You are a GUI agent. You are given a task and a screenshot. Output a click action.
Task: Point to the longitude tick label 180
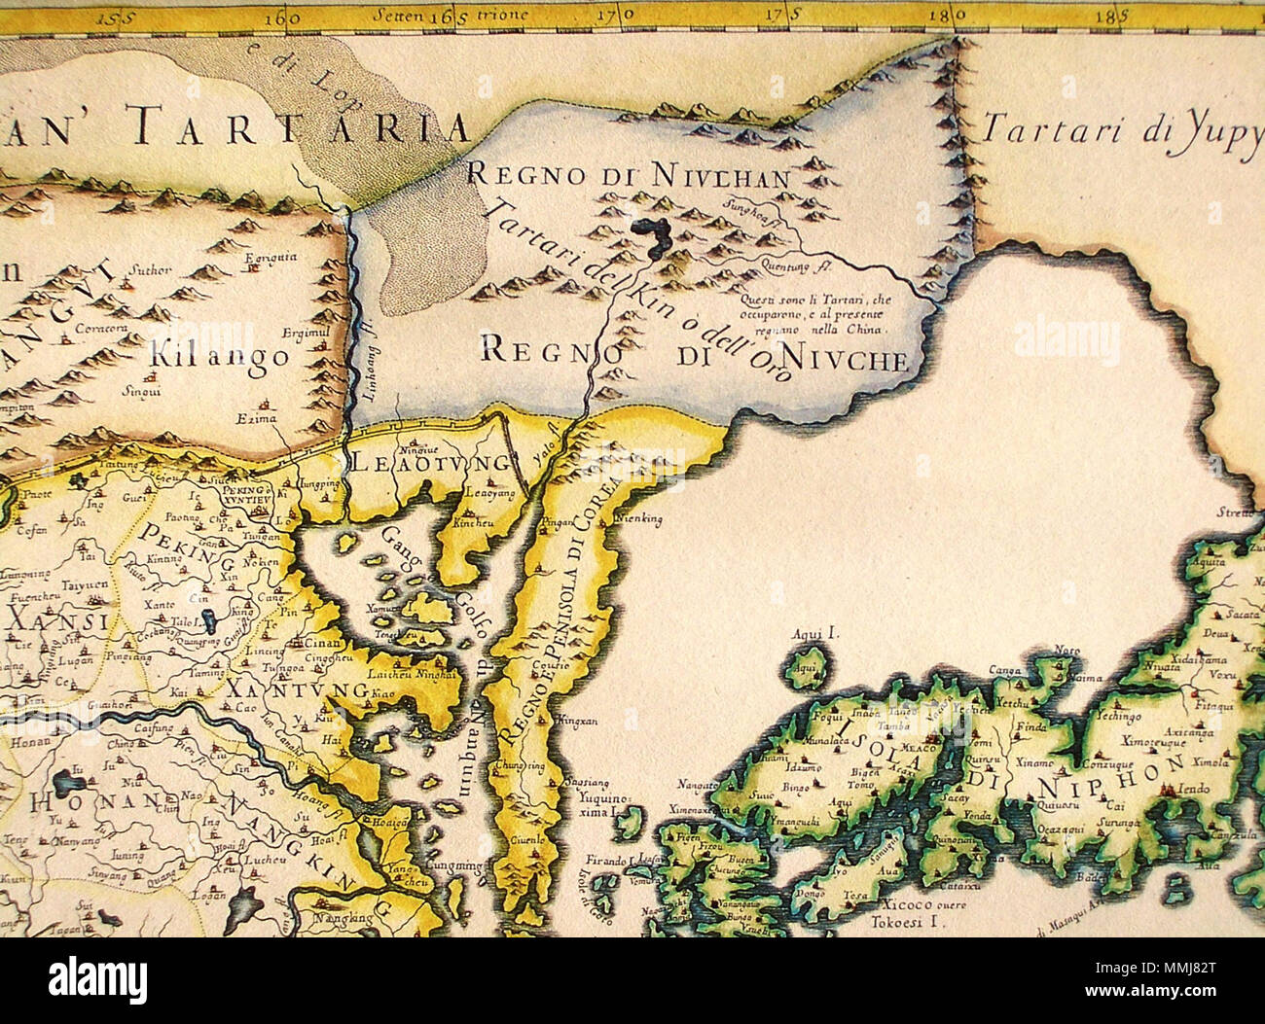click(x=941, y=16)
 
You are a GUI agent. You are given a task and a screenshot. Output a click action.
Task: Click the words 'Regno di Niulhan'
click(x=628, y=175)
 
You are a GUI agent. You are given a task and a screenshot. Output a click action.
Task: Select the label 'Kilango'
click(x=220, y=355)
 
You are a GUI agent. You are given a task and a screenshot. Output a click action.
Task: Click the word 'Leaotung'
click(x=429, y=462)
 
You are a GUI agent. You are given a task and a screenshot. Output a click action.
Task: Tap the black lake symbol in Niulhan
click(x=651, y=239)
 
